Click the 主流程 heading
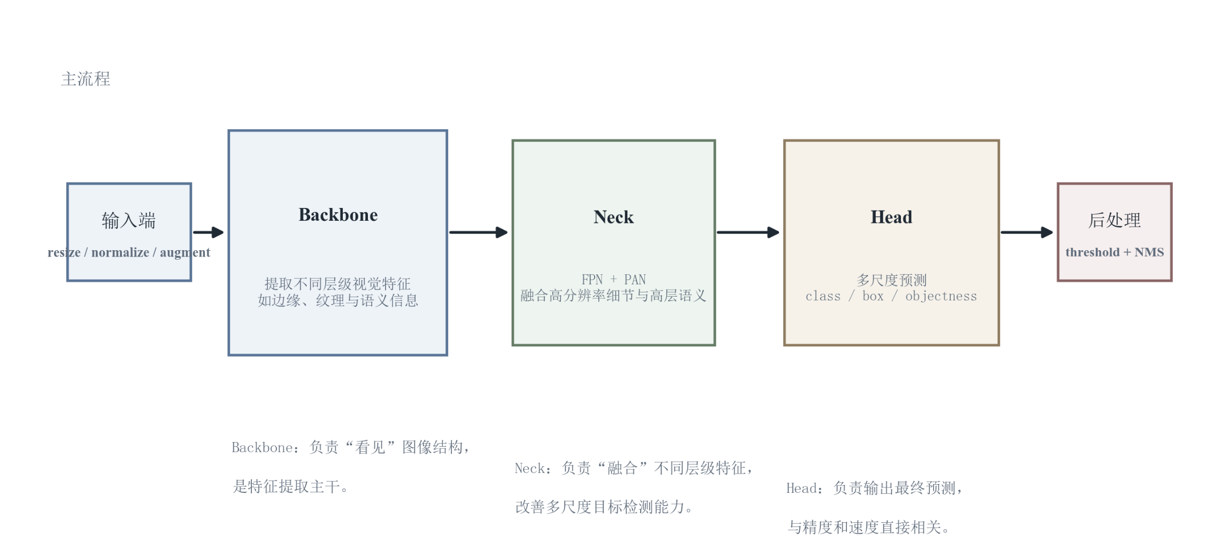tap(86, 79)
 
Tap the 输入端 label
tap(129, 220)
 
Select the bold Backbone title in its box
tap(338, 215)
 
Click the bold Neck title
tap(613, 217)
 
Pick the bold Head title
tap(891, 217)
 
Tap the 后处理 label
tap(1114, 220)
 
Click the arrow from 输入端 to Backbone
tap(209, 233)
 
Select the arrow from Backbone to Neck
tap(479, 233)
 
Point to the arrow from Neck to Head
tap(748, 233)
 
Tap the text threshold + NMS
tap(1114, 252)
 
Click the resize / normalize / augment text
tap(129, 252)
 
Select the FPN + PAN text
tap(613, 280)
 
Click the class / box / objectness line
tap(891, 296)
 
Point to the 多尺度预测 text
tap(891, 280)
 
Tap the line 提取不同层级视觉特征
tap(338, 283)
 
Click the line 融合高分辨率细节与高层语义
tap(613, 296)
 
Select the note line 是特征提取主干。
tap(291, 486)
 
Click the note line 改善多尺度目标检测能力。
tap(604, 507)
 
